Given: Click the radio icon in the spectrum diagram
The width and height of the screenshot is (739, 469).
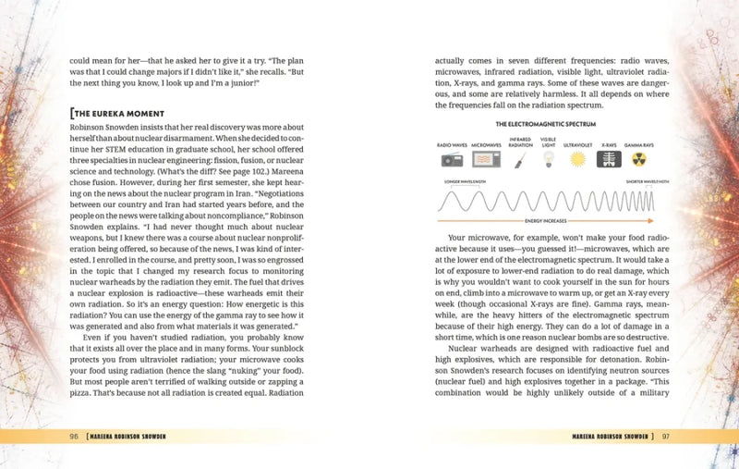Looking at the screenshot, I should click(x=453, y=160).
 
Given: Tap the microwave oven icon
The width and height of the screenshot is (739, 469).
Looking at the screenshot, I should click(x=487, y=160).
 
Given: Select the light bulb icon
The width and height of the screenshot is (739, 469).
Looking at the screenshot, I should click(x=548, y=160).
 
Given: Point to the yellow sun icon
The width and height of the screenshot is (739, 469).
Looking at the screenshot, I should click(x=578, y=160).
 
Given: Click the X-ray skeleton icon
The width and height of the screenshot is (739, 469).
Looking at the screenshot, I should click(x=609, y=160).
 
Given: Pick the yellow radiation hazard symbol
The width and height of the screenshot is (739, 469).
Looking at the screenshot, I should click(x=638, y=160).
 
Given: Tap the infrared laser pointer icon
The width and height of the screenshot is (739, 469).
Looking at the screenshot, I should click(x=519, y=160).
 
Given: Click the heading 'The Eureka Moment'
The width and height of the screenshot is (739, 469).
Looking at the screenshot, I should click(x=117, y=114).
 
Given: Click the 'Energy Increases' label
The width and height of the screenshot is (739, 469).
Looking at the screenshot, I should click(x=543, y=223).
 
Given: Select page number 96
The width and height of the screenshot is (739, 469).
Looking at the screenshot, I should click(x=73, y=436).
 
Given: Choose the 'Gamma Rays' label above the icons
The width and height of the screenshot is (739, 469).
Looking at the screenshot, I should click(x=638, y=145).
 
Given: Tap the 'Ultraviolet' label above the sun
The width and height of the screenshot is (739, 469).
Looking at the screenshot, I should click(x=577, y=145).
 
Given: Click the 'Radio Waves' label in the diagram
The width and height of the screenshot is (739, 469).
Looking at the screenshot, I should click(x=453, y=145).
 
